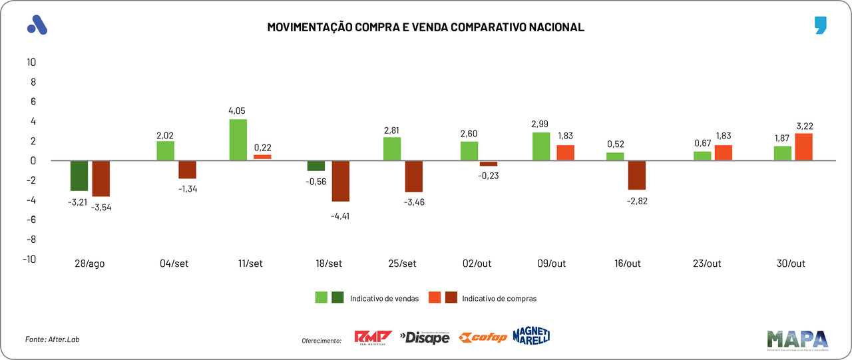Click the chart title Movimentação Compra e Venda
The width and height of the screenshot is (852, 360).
pos(425,27)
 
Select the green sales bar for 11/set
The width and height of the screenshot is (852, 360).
pos(238,140)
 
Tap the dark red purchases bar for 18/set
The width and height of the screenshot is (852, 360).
pos(341,181)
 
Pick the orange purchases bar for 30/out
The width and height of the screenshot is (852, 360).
pos(803,147)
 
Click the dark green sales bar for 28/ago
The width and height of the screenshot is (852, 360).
pos(79,176)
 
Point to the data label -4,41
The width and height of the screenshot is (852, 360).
pos(341,216)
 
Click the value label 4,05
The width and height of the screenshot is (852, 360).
pos(238,110)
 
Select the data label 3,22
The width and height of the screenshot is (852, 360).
pos(804,126)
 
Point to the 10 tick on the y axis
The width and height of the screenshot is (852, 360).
pos(31,63)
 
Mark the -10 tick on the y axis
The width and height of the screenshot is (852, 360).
pos(29,259)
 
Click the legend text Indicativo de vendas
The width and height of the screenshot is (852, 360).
pos(384,299)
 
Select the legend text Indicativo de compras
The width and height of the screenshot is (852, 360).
pos(499,299)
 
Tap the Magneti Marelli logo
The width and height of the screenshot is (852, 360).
pos(531,336)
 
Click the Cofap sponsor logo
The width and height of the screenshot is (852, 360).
pos(483,337)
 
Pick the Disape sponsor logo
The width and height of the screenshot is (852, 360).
pos(425,337)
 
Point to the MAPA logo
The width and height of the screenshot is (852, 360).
pos(797,339)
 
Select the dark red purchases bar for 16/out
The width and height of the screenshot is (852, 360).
pos(636,175)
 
